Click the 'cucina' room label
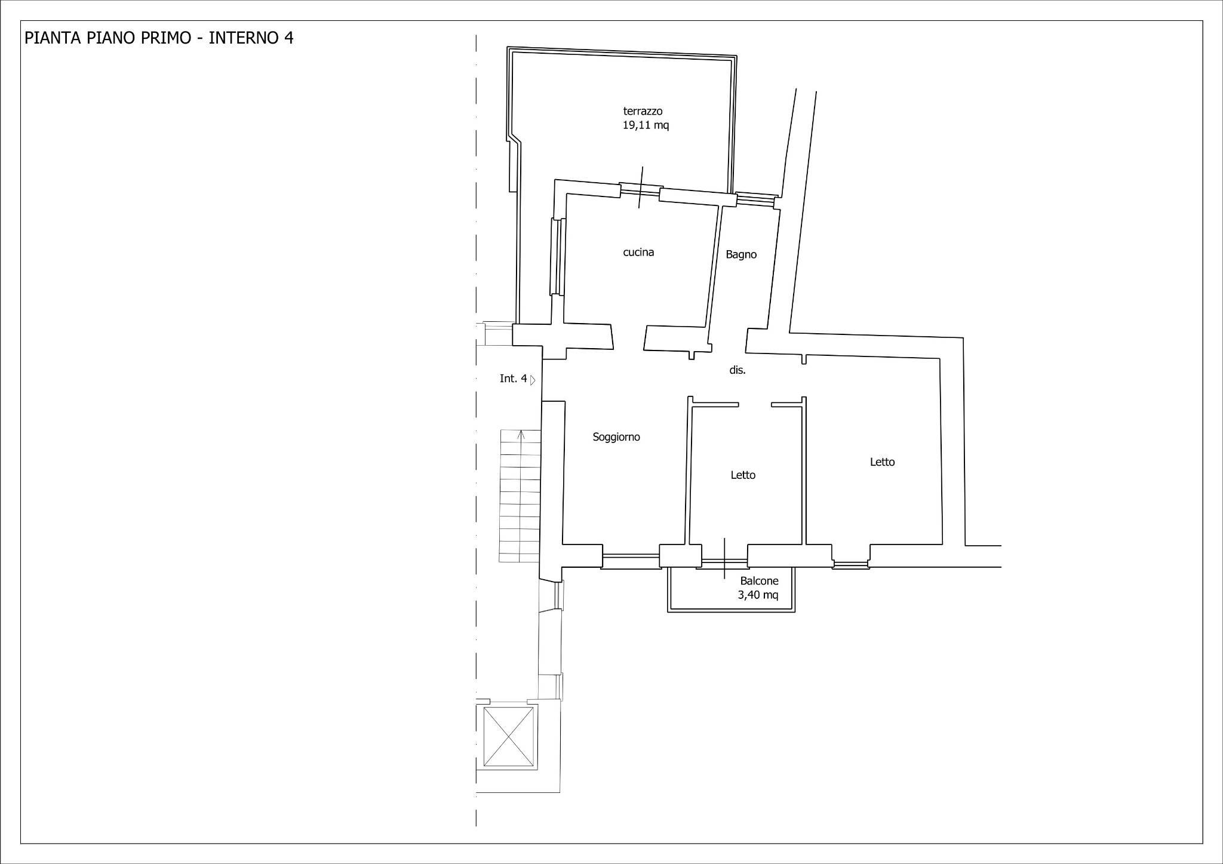638,252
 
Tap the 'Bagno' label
741,254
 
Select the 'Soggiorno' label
616,437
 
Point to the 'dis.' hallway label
738,370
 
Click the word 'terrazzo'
643,111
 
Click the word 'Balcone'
759,581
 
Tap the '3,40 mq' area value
758,595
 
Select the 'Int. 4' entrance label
514,379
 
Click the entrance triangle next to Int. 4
533,380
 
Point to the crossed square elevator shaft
508,737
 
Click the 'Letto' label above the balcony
743,475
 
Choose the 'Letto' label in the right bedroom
882,462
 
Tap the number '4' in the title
289,38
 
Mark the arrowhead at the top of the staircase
521,433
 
